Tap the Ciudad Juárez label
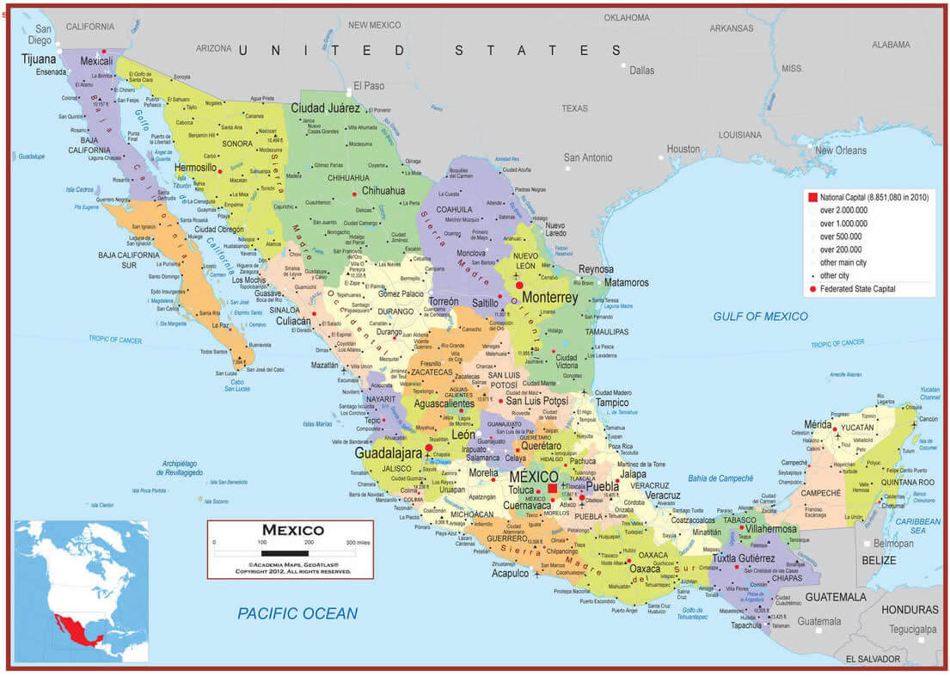tap(325, 108)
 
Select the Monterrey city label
tap(550, 298)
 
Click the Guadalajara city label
tap(389, 452)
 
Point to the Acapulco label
tap(510, 573)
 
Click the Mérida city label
tap(817, 424)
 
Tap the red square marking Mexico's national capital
tap(553, 489)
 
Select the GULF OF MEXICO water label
tap(760, 317)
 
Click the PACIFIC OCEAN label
tap(297, 613)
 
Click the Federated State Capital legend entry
tap(856, 289)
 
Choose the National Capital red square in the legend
tap(811, 198)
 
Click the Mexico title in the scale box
tap(292, 530)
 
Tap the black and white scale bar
tap(285, 552)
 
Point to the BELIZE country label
tap(879, 560)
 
